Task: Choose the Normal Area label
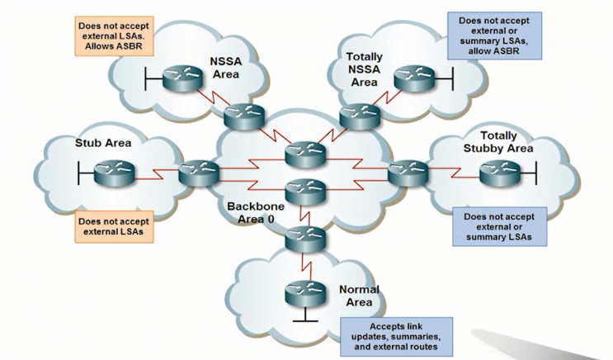tap(360, 296)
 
